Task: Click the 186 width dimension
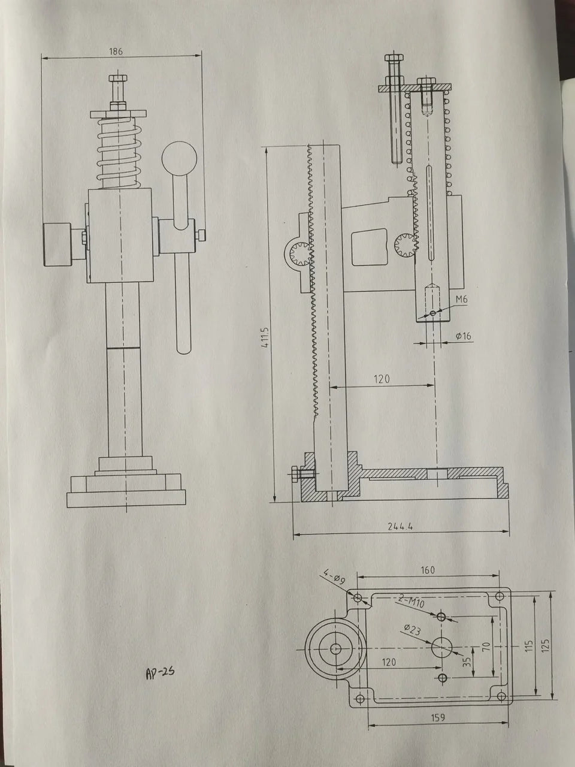[x=116, y=52]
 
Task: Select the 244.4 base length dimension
[x=401, y=527]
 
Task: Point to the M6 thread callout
[x=462, y=300]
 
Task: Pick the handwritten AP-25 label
[x=159, y=672]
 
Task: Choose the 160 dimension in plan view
[x=428, y=570]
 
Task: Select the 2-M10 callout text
[x=411, y=602]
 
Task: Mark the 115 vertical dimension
[x=528, y=645]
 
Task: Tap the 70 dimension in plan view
[x=485, y=647]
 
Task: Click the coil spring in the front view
[x=119, y=153]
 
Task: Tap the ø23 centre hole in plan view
[x=442, y=647]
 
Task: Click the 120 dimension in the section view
[x=382, y=379]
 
